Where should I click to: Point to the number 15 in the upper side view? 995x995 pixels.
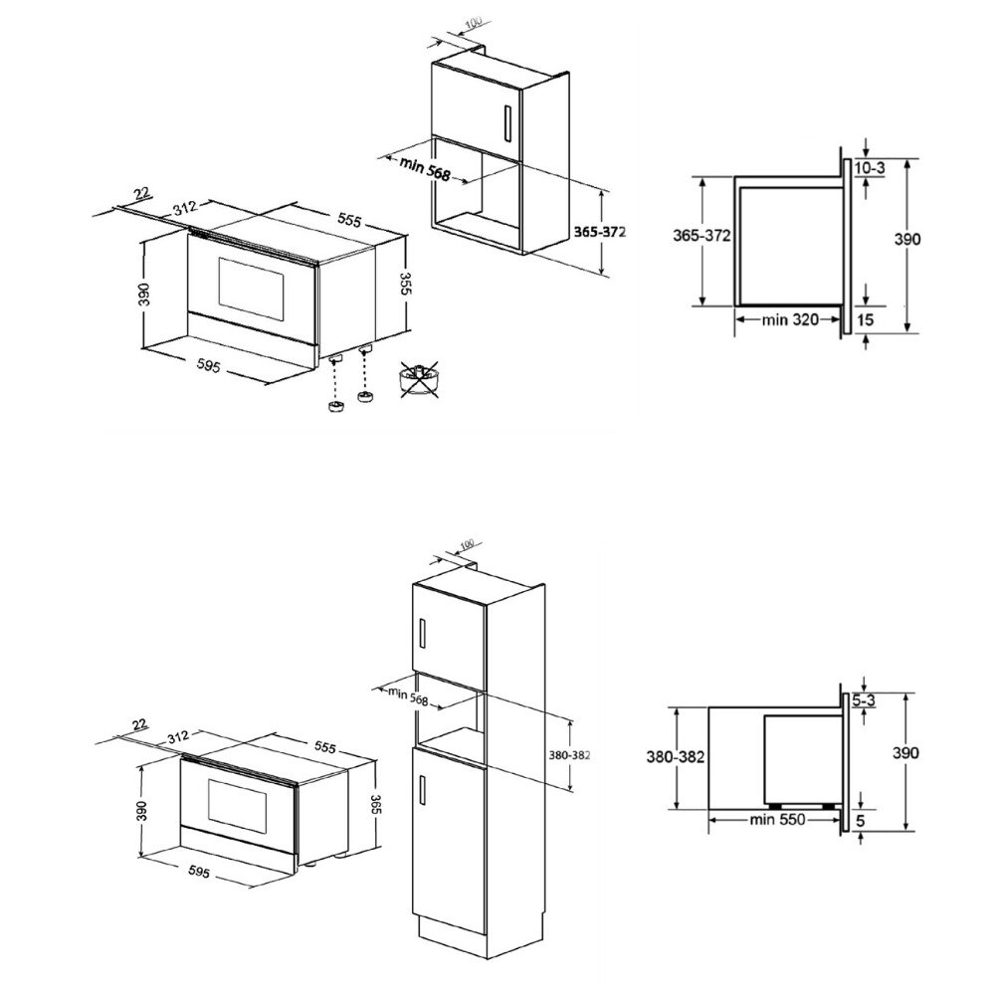coord(865,319)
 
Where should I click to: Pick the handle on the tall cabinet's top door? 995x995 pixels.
coord(423,633)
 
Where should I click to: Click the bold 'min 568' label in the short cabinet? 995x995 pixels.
coord(425,170)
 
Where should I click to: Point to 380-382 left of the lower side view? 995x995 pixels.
coord(676,756)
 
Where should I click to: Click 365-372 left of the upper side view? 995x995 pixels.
coord(702,236)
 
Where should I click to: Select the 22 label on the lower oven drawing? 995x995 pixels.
coord(137,722)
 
